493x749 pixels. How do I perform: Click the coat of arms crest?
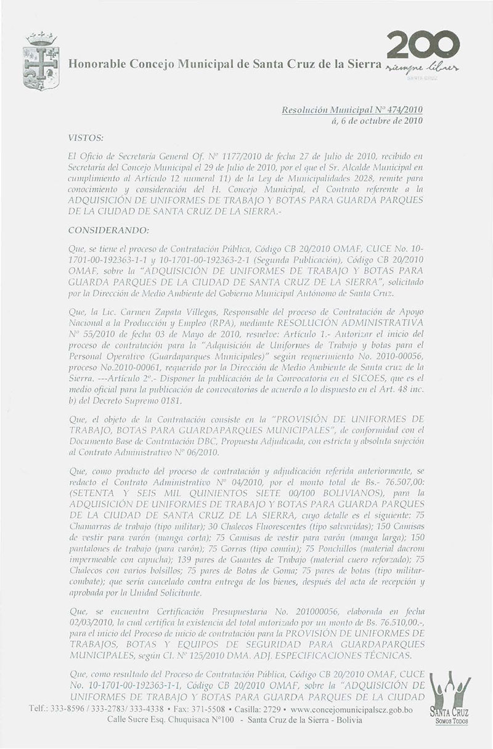click(41, 61)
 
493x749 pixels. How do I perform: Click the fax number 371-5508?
click(214, 710)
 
